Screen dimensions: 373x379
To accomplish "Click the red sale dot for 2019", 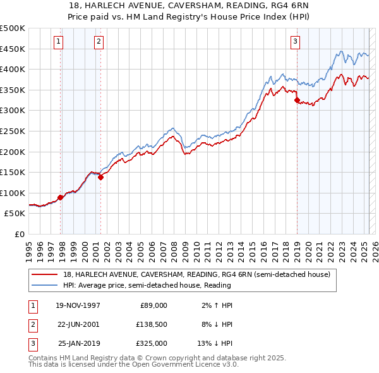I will point(297,100).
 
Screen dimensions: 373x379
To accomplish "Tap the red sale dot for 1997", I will point(61,197).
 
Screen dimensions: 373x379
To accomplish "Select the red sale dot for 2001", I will point(100,177).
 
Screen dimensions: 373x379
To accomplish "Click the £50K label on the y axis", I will point(15,214).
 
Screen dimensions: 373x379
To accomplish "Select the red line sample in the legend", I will point(45,274).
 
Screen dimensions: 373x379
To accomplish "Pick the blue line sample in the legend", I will point(45,285).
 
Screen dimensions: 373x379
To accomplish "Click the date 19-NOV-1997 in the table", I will point(78,305).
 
